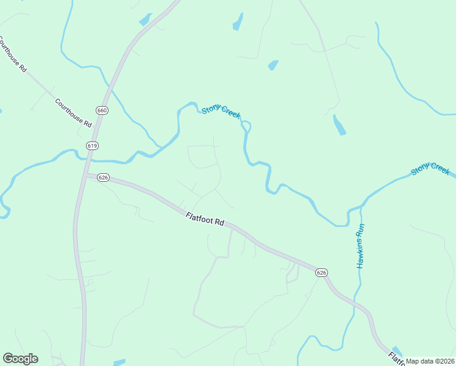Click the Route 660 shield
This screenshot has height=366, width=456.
pyautogui.click(x=102, y=110)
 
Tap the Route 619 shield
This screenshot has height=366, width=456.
pyautogui.click(x=92, y=146)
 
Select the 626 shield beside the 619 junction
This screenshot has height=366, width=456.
pyautogui.click(x=102, y=178)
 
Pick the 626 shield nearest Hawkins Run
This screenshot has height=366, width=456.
pyautogui.click(x=322, y=272)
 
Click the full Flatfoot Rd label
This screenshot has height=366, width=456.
pyautogui.click(x=205, y=218)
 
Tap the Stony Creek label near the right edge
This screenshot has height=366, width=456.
pyautogui.click(x=430, y=169)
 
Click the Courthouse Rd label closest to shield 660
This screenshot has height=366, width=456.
pyautogui.click(x=73, y=113)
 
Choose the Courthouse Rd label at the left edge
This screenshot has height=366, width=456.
pyautogui.click(x=12, y=55)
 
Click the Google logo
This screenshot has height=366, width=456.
pyautogui.click(x=20, y=359)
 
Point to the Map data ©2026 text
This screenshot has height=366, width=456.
pyautogui.click(x=430, y=361)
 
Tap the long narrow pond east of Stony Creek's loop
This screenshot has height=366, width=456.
pyautogui.click(x=339, y=125)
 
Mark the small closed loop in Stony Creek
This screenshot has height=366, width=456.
pyautogui.click(x=246, y=126)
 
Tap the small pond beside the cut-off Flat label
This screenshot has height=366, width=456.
pyautogui.click(x=397, y=349)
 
